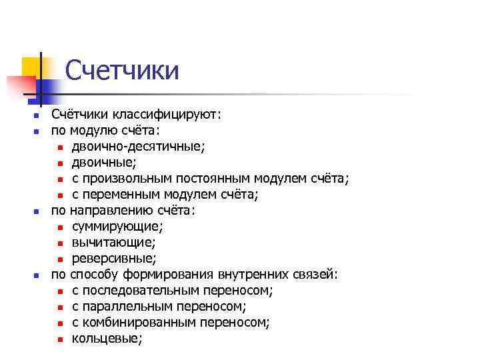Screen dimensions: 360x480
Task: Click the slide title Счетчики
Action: point(122,70)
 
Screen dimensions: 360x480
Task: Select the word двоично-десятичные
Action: point(139,146)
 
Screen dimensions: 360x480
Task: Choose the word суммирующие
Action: point(117,226)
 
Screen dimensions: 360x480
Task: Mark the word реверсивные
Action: point(114,258)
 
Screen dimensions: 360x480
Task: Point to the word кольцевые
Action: point(107,338)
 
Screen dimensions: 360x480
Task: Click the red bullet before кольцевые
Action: point(60,339)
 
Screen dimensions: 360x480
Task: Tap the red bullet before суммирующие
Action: point(60,227)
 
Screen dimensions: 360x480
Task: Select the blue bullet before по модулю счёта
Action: point(37,131)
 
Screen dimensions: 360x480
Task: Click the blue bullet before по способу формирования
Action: point(37,275)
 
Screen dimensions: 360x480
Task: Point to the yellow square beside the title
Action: point(31,66)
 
